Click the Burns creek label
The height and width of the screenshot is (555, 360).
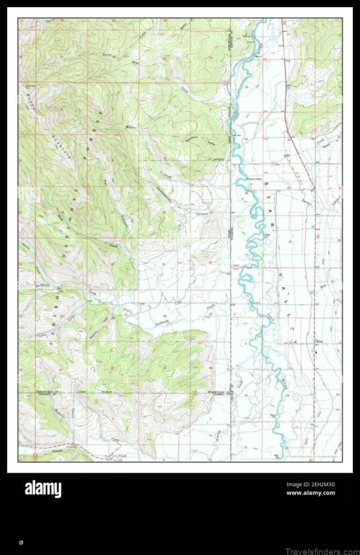point(108,55)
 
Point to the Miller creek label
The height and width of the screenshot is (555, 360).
point(129,127)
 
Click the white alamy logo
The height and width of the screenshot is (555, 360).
point(43,489)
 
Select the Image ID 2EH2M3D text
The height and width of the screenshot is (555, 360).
point(311,485)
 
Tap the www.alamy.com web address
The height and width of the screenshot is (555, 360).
point(311,493)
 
